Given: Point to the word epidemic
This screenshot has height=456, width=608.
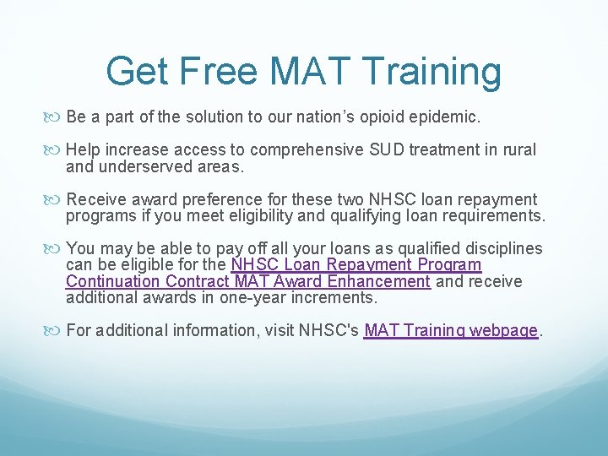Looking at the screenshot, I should click(448, 115).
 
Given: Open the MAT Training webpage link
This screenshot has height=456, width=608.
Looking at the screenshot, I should click(451, 330).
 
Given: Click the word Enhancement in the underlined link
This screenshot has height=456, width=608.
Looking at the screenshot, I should click(378, 281).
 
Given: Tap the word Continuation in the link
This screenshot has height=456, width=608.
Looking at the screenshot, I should click(115, 281).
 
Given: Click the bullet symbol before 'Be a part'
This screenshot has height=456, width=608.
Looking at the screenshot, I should click(57, 116).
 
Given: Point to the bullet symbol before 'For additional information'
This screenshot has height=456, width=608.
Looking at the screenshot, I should click(57, 331).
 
